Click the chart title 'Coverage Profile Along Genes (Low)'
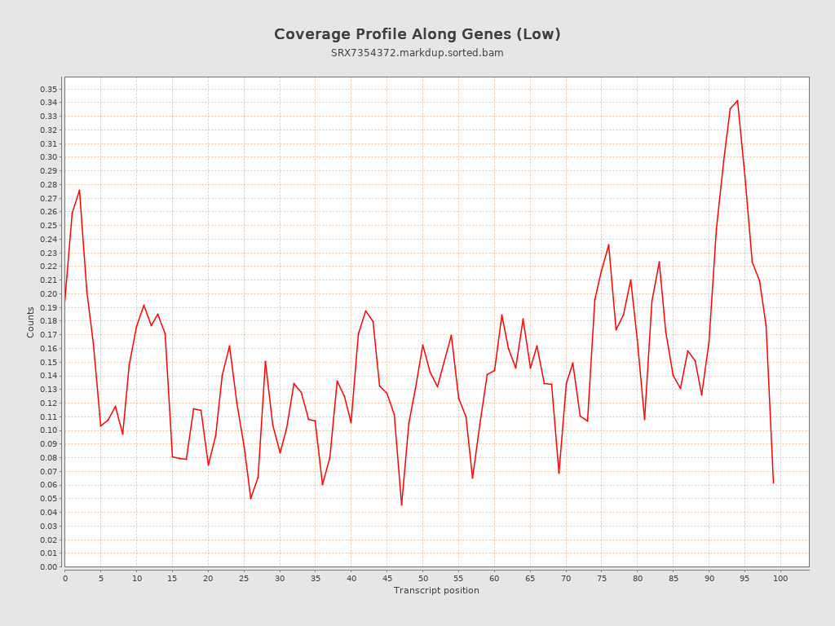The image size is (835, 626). tap(417, 34)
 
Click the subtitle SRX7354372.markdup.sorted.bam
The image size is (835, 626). tap(417, 53)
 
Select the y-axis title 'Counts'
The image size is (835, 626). tap(31, 322)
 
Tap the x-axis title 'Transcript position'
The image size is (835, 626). tap(436, 590)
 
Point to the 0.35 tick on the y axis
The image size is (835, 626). tap(48, 89)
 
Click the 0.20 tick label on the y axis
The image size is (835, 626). tap(48, 293)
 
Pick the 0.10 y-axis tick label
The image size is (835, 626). tap(48, 430)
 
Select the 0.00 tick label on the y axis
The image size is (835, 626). tap(48, 566)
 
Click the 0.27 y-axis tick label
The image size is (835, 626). tap(48, 198)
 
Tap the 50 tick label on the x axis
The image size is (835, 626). tap(422, 578)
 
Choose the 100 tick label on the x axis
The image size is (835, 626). tap(780, 578)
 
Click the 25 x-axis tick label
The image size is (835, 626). tap(244, 578)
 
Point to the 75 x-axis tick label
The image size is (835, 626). tap(602, 578)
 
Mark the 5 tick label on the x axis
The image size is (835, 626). tap(101, 578)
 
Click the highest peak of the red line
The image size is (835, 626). tap(737, 101)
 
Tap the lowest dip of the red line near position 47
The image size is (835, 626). tap(401, 505)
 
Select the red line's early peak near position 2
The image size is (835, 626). tap(79, 190)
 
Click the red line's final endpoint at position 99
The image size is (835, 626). tap(773, 483)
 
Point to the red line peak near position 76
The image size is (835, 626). tap(608, 245)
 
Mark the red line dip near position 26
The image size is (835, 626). tap(250, 498)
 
